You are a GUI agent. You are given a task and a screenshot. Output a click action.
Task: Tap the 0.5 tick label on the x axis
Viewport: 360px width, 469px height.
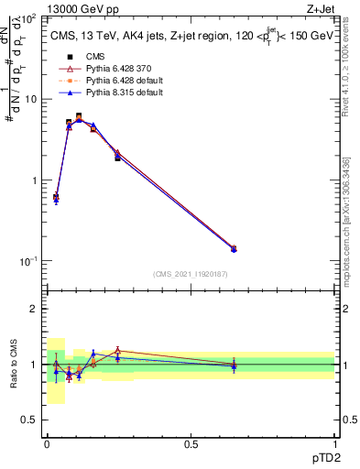pos(191,442)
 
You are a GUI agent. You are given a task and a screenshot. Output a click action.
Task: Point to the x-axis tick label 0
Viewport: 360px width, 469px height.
pos(47,442)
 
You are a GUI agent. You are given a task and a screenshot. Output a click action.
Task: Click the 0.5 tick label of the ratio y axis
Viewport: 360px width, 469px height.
pos(30,420)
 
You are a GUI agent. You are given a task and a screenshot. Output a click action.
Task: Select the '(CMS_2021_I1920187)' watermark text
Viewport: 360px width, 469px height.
pos(191,274)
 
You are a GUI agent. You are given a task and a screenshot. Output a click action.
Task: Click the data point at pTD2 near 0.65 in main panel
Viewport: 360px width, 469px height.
pos(234,248)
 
